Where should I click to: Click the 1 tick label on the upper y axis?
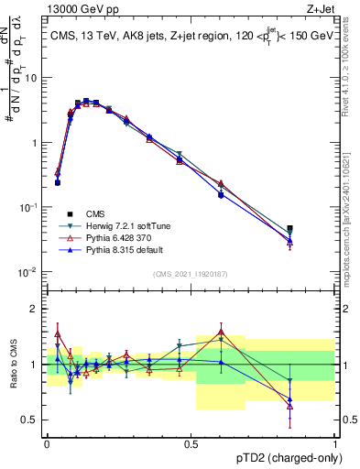[x=35, y=143]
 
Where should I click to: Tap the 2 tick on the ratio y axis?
[x=35, y=309]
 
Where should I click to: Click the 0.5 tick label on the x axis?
[x=191, y=443]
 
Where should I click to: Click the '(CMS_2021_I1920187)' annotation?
[x=191, y=272]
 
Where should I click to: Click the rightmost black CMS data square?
[x=289, y=229]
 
